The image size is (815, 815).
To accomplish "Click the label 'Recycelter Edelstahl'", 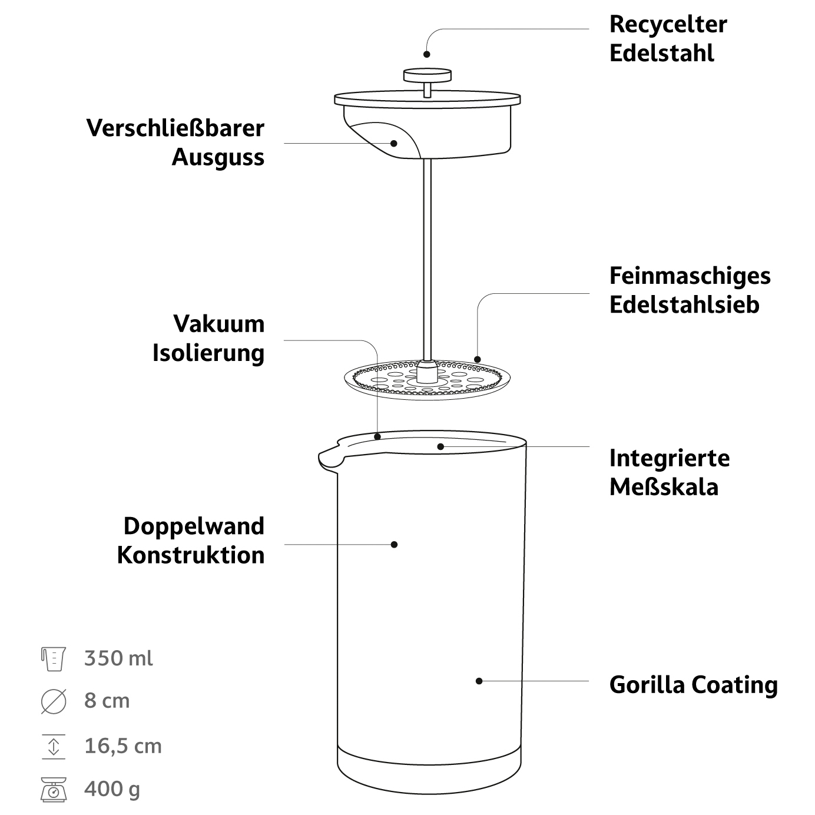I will click(668, 39).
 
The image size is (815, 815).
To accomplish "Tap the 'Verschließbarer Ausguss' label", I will click(175, 143).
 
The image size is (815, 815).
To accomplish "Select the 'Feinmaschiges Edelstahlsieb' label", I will click(690, 290).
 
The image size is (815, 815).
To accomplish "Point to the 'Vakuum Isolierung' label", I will click(208, 339).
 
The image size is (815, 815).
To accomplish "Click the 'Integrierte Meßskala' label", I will click(669, 472).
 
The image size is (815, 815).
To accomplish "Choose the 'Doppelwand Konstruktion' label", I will click(191, 541).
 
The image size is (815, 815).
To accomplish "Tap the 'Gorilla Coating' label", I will click(693, 685).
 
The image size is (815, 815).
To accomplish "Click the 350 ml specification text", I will click(118, 658).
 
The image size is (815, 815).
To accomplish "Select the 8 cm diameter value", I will click(107, 701).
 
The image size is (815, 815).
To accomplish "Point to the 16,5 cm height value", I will click(122, 746).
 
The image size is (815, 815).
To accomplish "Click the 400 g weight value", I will click(112, 789).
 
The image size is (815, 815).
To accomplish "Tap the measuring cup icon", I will click(53, 658).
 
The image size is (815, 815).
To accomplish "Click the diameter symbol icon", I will click(54, 702).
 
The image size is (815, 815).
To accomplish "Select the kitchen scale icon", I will click(54, 790).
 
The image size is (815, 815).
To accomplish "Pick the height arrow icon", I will click(54, 746).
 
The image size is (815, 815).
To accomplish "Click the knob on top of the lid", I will click(428, 75).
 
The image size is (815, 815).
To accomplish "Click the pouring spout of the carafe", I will click(329, 459).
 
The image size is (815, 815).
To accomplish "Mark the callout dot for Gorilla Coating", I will click(479, 681).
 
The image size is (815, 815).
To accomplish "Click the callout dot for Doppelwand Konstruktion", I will click(395, 544).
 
